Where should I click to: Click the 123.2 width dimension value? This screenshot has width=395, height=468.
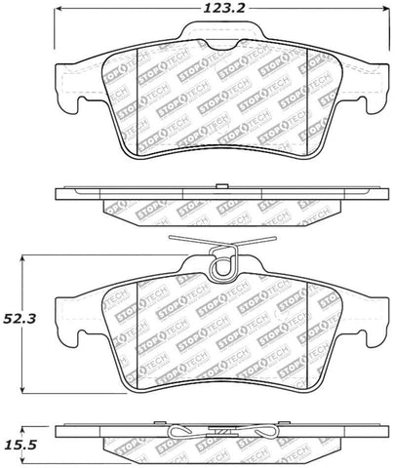(223, 9)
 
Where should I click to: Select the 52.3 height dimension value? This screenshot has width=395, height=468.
(19, 319)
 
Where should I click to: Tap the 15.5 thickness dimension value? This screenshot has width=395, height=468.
(19, 446)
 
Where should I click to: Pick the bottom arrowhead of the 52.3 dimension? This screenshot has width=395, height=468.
(22, 388)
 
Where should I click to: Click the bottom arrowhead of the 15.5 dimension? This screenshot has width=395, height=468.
(22, 458)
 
